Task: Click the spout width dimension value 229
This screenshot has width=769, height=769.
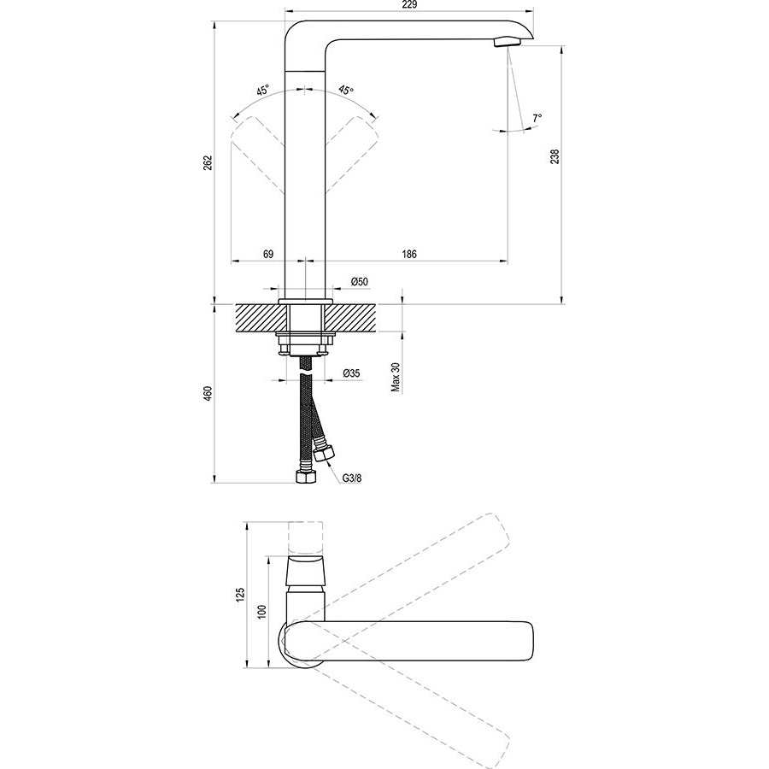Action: point(409,5)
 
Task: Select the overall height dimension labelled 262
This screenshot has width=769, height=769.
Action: point(208,162)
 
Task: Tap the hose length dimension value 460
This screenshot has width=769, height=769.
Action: point(208,393)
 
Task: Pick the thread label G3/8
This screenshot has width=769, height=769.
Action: point(352,477)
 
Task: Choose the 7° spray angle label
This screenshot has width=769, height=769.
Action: point(537,118)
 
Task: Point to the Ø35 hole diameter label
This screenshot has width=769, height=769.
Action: point(352,373)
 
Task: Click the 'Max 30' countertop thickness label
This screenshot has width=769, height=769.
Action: point(396,378)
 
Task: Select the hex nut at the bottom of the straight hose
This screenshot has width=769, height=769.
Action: point(305,476)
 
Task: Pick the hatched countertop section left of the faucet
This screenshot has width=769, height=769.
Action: point(260,318)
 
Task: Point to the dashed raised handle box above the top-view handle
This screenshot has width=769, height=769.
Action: point(305,538)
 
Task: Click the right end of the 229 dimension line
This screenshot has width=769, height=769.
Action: point(533,9)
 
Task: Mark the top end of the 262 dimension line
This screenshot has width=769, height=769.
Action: point(214,21)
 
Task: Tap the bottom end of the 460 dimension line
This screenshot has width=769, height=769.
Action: point(214,483)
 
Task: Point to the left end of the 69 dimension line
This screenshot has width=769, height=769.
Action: point(231,261)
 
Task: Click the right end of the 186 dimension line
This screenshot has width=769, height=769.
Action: point(508,261)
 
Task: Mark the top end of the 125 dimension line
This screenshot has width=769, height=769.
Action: point(247,521)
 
